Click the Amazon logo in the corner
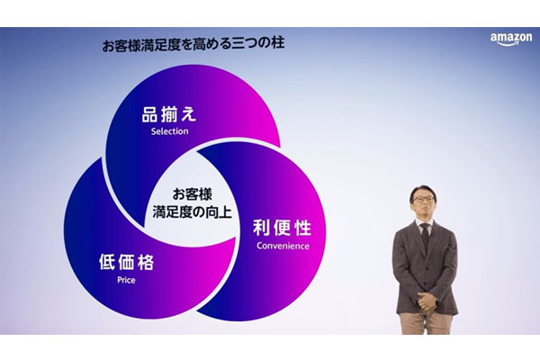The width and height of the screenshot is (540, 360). [x=511, y=39]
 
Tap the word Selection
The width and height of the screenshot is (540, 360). [x=169, y=131]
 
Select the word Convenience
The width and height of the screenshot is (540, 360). [x=283, y=246]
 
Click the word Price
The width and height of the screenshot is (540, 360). [x=126, y=280]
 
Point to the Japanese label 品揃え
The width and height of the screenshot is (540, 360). [x=169, y=114]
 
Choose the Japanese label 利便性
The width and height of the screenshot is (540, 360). [x=282, y=228]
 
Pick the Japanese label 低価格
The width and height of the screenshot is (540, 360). [x=126, y=262]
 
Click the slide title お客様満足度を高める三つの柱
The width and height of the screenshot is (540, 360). [x=193, y=45]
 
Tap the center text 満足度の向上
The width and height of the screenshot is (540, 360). [x=192, y=211]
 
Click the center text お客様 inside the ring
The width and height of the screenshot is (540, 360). [x=193, y=194]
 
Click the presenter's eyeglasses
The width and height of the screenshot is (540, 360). [x=423, y=199]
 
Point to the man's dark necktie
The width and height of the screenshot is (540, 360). [x=426, y=236]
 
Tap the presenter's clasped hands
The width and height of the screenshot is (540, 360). [x=427, y=301]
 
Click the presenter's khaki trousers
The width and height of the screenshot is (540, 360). [x=426, y=323]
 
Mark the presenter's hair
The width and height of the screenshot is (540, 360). [x=423, y=192]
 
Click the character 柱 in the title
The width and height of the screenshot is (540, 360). [x=277, y=45]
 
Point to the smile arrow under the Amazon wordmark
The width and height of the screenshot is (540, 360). [x=508, y=43]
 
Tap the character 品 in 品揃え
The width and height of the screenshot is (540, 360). [x=149, y=114]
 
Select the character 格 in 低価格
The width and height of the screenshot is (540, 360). [x=146, y=262]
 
